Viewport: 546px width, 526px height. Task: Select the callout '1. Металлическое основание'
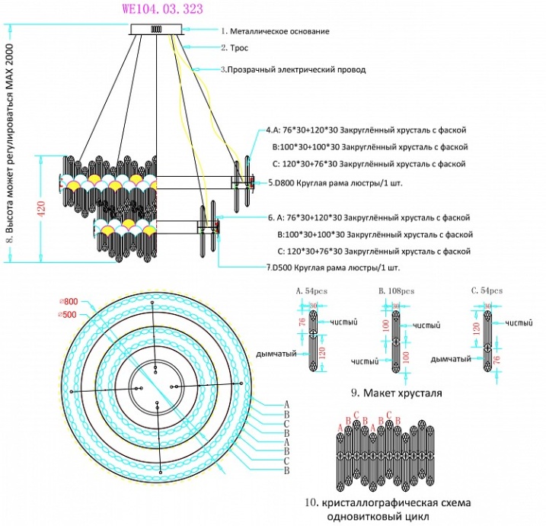click(275, 31)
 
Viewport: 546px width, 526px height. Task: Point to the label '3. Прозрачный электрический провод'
click(293, 69)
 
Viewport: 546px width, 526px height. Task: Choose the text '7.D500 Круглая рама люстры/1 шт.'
click(333, 268)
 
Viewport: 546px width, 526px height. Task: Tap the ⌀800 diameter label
click(68, 302)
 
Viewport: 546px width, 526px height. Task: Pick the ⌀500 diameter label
click(68, 314)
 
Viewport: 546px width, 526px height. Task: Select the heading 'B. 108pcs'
click(396, 291)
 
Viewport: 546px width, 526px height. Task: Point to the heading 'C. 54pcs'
click(486, 291)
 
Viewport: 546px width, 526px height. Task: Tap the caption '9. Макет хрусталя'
click(396, 393)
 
